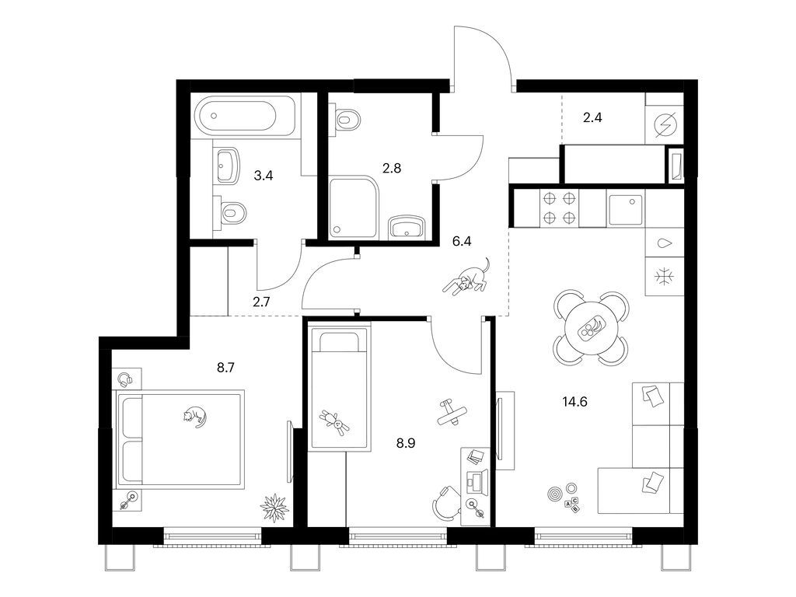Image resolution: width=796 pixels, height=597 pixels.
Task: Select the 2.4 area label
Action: click(593, 118)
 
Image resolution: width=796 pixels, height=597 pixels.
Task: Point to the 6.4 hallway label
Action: click(462, 241)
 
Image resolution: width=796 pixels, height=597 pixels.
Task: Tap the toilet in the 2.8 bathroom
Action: click(348, 119)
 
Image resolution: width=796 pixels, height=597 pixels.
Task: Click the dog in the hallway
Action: click(466, 278)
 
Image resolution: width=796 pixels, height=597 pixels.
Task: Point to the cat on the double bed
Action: click(195, 417)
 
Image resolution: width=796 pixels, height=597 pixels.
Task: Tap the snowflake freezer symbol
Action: click(664, 276)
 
